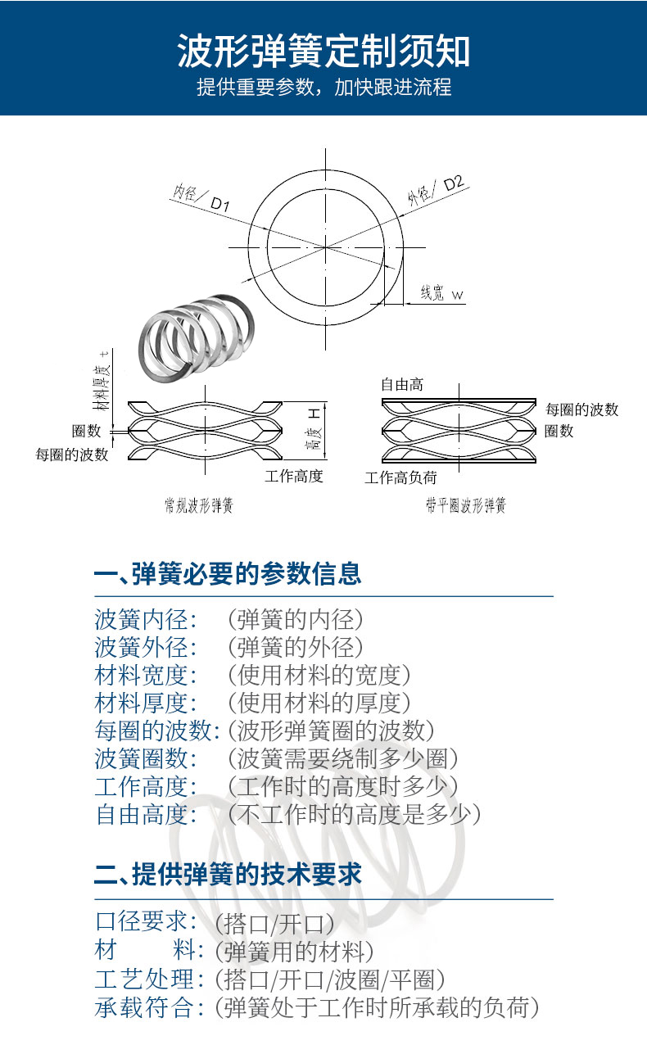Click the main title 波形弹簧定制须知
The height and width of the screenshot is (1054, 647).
323,51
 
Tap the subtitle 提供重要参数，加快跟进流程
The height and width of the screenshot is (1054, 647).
323,87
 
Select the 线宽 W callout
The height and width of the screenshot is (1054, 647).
441,293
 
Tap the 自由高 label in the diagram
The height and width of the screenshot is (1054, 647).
401,384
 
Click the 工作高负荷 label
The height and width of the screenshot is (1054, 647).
400,477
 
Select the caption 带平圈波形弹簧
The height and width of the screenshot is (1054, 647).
465,505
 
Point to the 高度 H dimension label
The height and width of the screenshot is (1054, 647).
312,431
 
